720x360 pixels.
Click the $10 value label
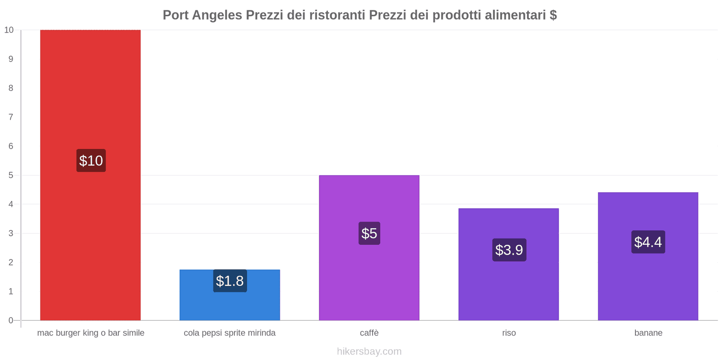91,161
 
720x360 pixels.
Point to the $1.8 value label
230,281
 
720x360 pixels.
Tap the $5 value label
369,234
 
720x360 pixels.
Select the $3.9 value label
509,250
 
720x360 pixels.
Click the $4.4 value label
648,242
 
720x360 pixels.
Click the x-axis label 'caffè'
369,333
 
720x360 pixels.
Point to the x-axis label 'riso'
509,333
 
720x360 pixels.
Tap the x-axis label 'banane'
648,333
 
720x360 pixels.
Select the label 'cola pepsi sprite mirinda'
229,333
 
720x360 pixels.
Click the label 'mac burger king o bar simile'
90,333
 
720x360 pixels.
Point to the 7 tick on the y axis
11,117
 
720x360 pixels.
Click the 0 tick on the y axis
11,320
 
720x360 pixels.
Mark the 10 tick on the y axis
9,30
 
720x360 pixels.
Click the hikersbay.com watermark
369,351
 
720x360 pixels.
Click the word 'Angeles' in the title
217,15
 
